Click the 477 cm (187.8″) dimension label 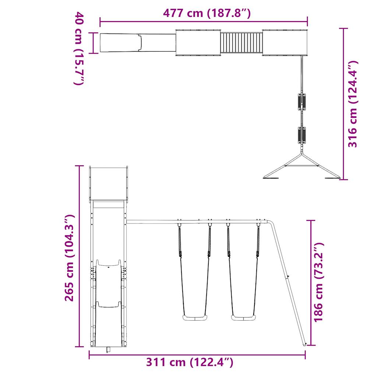pyautogui.click(x=207, y=13)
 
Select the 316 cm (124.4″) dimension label pyautogui.click(x=353, y=104)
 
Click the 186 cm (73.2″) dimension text pyautogui.click(x=318, y=282)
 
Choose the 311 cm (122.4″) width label pyautogui.click(x=190, y=362)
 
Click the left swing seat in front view pyautogui.click(x=195, y=318)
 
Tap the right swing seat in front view pyautogui.click(x=243, y=318)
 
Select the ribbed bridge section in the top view pyautogui.click(x=242, y=43)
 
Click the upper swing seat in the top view pyautogui.click(x=302, y=102)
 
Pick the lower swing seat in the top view pyautogui.click(x=302, y=135)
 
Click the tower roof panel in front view pyautogui.click(x=109, y=183)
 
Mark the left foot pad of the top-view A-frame pyautogui.click(x=271, y=179)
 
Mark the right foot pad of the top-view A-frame pyautogui.click(x=331, y=179)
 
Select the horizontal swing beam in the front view pyautogui.click(x=195, y=222)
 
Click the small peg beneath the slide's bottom pyautogui.click(x=108, y=350)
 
